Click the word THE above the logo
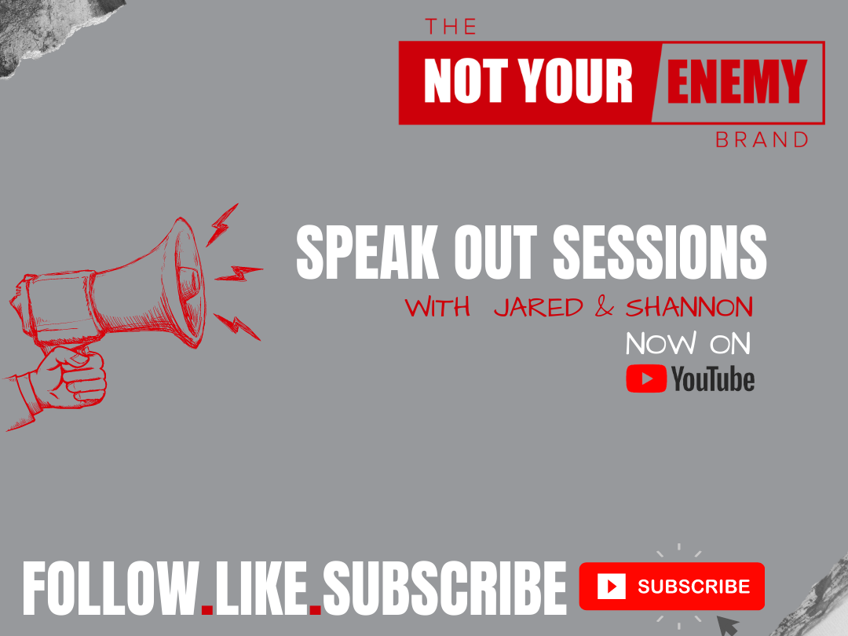pos(451,27)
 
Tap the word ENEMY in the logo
pos(737,81)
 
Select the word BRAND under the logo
pos(762,140)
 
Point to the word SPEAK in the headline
pos(367,252)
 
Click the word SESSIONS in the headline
pos(660,252)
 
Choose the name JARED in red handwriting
pos(539,308)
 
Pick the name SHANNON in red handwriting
pos(689,307)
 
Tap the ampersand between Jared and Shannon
pos(604,307)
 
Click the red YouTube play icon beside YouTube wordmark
pos(646,378)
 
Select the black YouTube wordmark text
pos(713,378)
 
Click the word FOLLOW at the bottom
pos(111,588)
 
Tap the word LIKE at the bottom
pos(261,588)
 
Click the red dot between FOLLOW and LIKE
pos(207,609)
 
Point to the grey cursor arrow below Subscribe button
pos(727,625)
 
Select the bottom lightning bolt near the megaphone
pos(237,326)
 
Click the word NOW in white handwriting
pos(661,343)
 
